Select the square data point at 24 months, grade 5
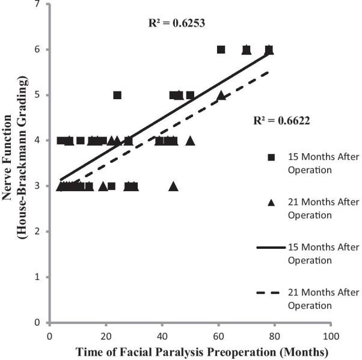(117, 95)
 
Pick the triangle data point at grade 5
(221, 95)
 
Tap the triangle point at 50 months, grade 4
(191, 141)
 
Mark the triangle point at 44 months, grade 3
(174, 186)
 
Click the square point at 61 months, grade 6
(221, 49)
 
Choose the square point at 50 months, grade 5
(190, 95)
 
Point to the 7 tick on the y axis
(38, 5)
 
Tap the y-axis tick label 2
(38, 231)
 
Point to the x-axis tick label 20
(106, 332)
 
